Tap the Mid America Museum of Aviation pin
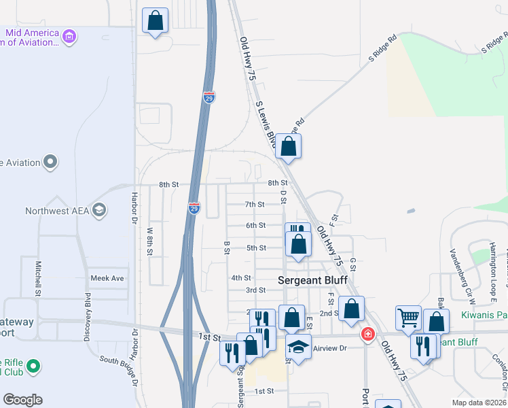tap(69, 35)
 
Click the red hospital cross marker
tap(367, 334)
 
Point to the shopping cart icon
tap(408, 316)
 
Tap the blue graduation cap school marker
tap(297, 346)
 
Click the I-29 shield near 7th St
tap(194, 207)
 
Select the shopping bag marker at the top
tap(156, 20)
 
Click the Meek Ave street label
tap(107, 278)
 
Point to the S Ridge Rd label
tap(382, 48)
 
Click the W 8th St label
tap(150, 241)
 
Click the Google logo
tap(22, 400)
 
